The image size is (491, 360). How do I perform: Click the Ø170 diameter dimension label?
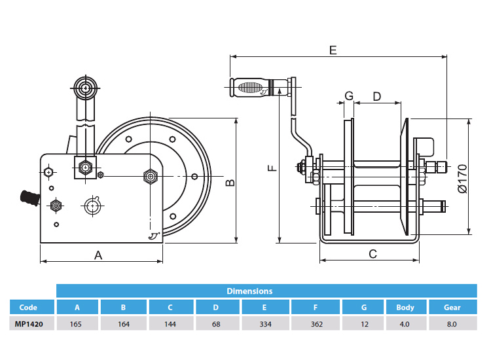tap(462, 177)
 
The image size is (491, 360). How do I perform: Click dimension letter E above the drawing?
tap(333, 50)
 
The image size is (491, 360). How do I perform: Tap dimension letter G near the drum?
tap(349, 96)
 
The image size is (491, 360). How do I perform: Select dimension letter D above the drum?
tap(376, 96)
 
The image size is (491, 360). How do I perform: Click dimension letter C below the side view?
tap(373, 254)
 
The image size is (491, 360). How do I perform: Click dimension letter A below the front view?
tap(99, 255)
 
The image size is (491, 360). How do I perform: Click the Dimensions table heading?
tap(249, 291)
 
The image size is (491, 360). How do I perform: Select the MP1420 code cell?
tap(28, 323)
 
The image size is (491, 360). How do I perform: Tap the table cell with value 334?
tap(264, 323)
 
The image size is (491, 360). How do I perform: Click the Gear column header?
tap(452, 307)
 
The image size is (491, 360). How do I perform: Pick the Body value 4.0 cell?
tap(405, 323)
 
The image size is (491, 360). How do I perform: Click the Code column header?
tap(28, 307)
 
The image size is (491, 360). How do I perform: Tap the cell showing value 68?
tap(218, 323)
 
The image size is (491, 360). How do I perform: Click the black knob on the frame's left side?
tap(28, 197)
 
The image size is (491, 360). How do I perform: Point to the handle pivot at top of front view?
tap(84, 86)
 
